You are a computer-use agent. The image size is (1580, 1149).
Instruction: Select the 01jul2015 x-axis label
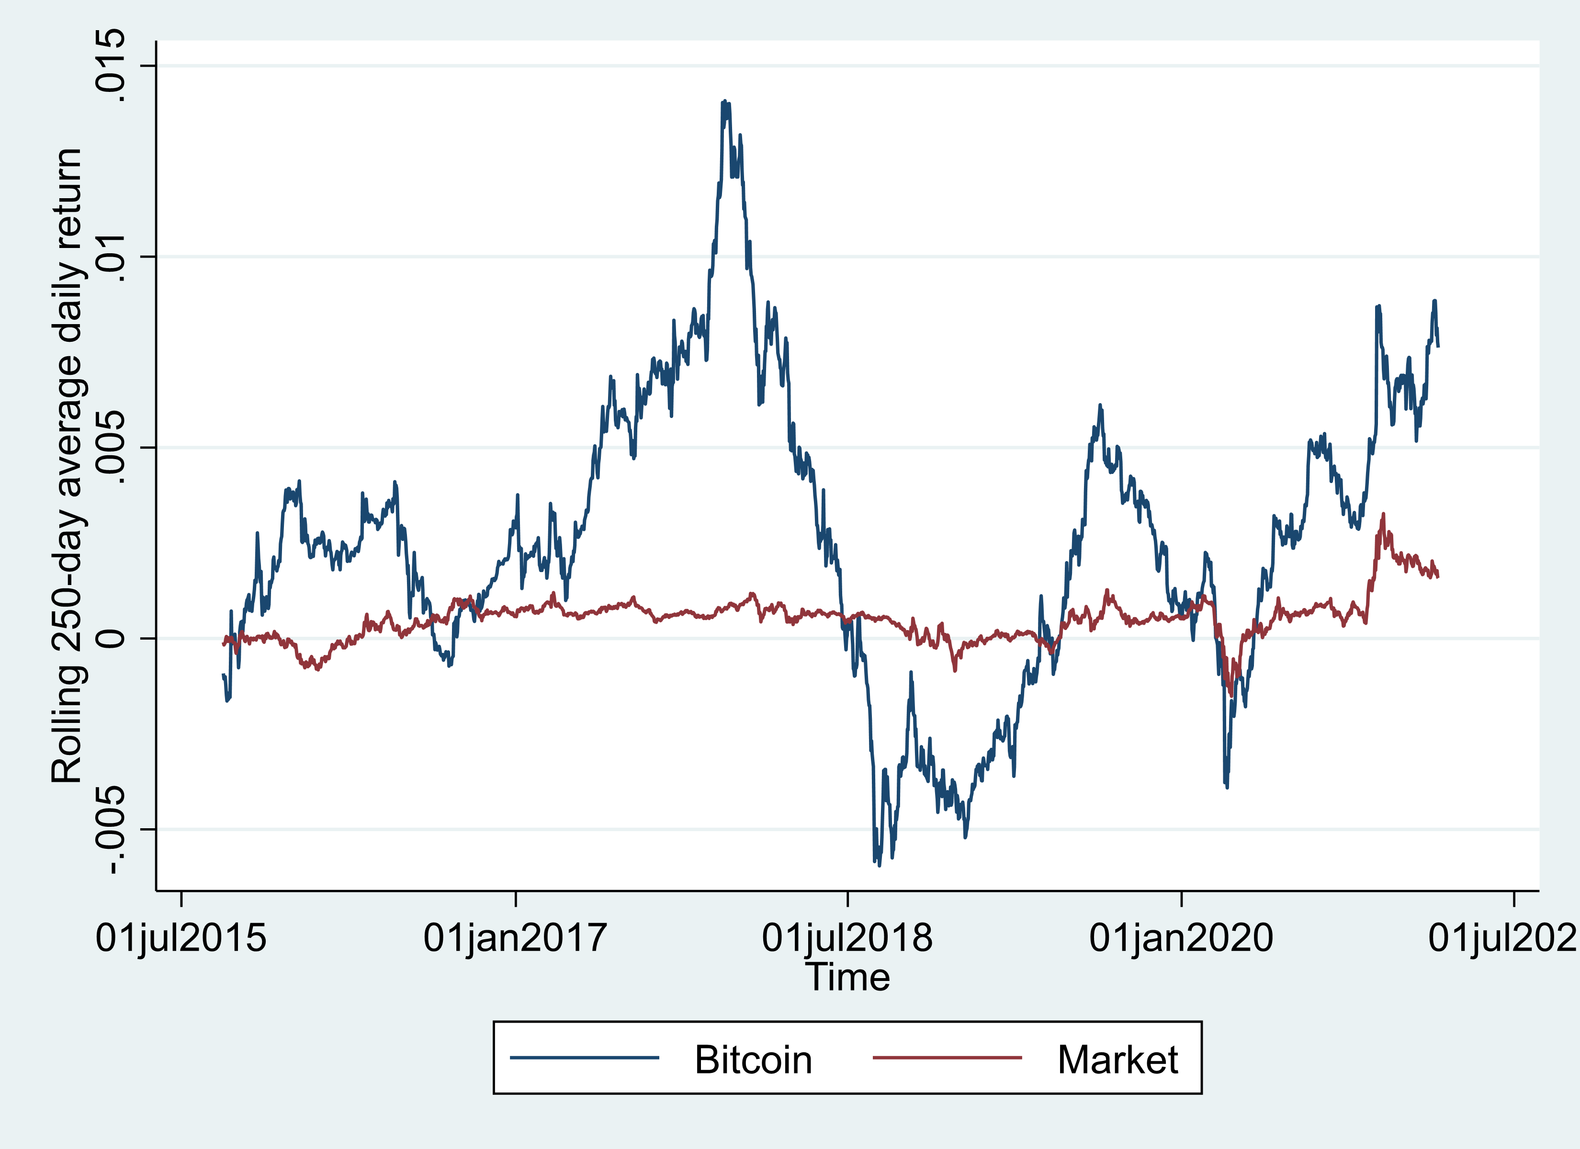pyautogui.click(x=181, y=938)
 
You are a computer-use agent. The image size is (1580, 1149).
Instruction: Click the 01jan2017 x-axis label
pyautogui.click(x=516, y=938)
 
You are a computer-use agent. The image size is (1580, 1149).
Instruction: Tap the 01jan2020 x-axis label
pyautogui.click(x=1182, y=938)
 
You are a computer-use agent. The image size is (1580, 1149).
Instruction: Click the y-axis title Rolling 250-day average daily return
pyautogui.click(x=68, y=465)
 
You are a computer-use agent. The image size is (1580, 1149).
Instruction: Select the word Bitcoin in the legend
pyautogui.click(x=753, y=1060)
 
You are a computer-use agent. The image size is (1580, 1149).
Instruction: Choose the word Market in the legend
pyautogui.click(x=1117, y=1060)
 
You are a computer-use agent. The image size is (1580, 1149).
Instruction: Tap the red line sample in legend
pyautogui.click(x=948, y=1058)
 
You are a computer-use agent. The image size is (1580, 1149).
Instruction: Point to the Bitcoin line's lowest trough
pyautogui.click(x=879, y=865)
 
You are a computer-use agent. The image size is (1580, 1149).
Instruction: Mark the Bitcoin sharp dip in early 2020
pyautogui.click(x=1226, y=787)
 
